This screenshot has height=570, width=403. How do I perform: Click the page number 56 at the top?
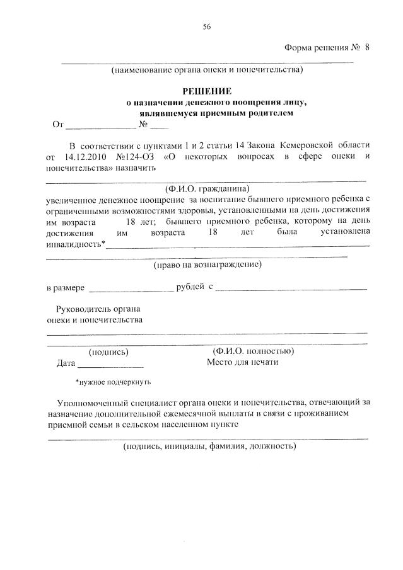coord(206,26)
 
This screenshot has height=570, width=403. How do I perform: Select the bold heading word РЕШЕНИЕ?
coord(207,91)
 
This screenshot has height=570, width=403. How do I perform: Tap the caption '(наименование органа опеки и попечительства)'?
coord(207,69)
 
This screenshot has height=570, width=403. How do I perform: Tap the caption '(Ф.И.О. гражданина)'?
coord(207,189)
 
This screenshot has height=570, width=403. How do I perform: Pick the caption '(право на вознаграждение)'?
coord(207,265)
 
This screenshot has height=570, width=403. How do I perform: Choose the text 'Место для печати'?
coord(242,362)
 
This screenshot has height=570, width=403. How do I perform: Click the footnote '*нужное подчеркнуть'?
coord(113,382)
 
